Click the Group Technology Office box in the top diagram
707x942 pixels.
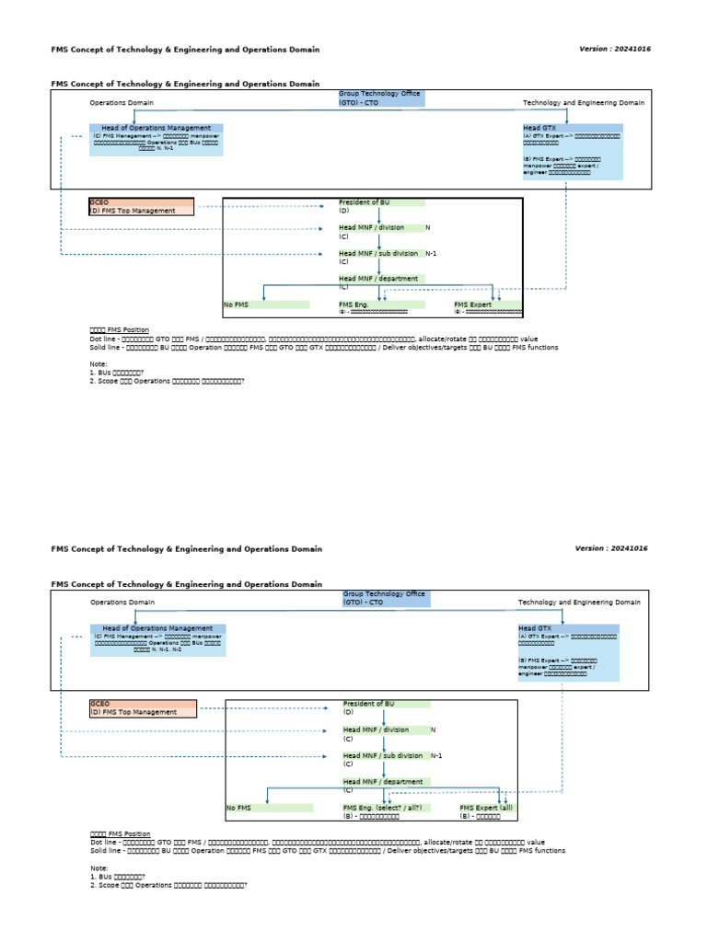381,98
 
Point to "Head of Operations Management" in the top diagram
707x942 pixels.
156,127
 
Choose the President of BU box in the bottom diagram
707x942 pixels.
386,704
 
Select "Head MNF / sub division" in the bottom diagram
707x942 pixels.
383,755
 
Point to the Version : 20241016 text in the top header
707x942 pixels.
615,48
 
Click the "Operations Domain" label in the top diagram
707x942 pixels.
122,103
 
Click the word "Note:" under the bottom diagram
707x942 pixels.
99,868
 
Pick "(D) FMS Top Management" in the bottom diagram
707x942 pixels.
134,712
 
